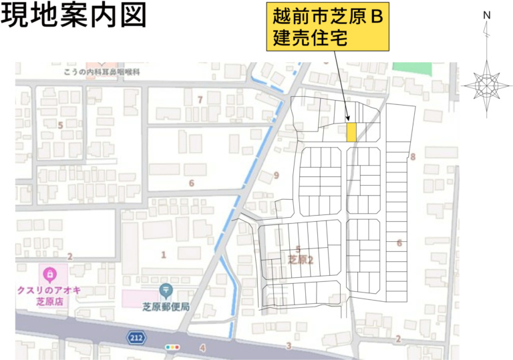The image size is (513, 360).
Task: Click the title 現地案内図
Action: [x=73, y=16]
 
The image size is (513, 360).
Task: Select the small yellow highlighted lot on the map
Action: [x=351, y=132]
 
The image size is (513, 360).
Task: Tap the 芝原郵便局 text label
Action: [x=166, y=307]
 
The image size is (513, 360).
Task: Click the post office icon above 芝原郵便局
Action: [x=166, y=290]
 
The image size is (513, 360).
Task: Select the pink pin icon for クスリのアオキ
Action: [x=50, y=274]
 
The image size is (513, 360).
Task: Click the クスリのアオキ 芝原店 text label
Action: [x=49, y=295]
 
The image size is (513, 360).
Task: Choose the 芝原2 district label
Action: [x=301, y=260]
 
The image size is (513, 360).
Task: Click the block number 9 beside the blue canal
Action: [x=275, y=176]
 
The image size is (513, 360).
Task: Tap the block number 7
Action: [x=199, y=100]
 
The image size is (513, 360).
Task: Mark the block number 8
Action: [x=413, y=157]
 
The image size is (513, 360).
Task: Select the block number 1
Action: [x=163, y=254]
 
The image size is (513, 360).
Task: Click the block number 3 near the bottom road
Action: [x=289, y=345]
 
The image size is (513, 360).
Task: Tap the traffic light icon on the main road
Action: [x=172, y=347]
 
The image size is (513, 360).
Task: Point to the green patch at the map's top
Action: [x=412, y=67]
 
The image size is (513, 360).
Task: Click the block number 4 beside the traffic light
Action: [x=202, y=347]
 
